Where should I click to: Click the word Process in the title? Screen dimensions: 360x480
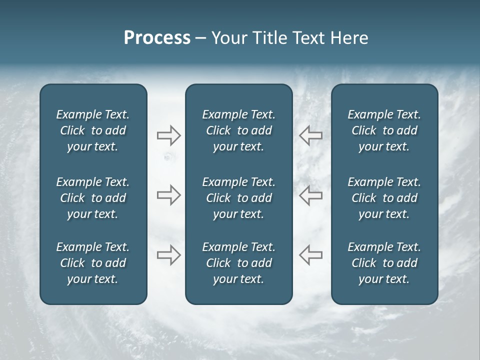pyautogui.click(x=157, y=38)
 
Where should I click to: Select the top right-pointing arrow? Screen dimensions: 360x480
pyautogui.click(x=168, y=135)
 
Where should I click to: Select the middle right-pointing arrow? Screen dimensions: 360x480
pyautogui.click(x=168, y=195)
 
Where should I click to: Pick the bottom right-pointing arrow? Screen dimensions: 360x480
pyautogui.click(x=168, y=255)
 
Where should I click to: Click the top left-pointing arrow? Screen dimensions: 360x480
pyautogui.click(x=310, y=135)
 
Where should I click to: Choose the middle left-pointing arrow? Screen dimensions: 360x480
pyautogui.click(x=310, y=195)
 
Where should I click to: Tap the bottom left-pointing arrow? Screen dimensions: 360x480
pyautogui.click(x=310, y=255)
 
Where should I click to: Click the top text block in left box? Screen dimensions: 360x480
pyautogui.click(x=93, y=130)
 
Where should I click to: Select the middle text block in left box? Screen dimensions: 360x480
pyautogui.click(x=93, y=198)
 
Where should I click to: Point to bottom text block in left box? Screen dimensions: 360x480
pyautogui.click(x=93, y=263)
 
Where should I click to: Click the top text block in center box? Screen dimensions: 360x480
pyautogui.click(x=238, y=130)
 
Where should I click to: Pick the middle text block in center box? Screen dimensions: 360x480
pyautogui.click(x=238, y=198)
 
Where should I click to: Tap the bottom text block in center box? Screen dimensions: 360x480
pyautogui.click(x=238, y=263)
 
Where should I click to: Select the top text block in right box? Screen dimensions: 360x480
pyautogui.click(x=384, y=130)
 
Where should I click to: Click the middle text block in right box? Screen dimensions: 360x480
pyautogui.click(x=384, y=198)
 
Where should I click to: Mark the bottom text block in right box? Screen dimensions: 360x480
pyautogui.click(x=384, y=263)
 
